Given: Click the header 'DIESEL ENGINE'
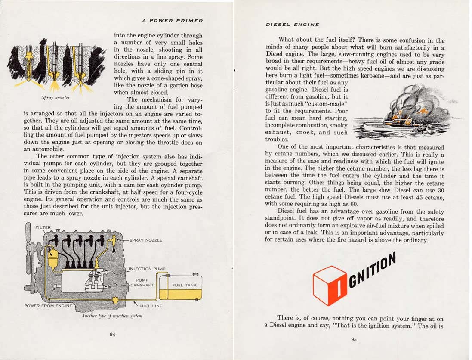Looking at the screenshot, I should (x=292, y=25).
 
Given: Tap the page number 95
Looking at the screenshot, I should (x=354, y=339).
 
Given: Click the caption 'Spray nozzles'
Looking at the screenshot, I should (x=56, y=98).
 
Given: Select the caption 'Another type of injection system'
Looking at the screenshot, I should (x=112, y=316).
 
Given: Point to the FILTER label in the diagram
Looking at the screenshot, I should (x=43, y=227).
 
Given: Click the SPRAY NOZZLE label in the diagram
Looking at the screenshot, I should (x=146, y=240).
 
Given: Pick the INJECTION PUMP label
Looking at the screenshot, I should (x=147, y=269).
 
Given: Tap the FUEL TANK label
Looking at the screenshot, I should (x=184, y=285).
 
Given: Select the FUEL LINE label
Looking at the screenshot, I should (x=151, y=306).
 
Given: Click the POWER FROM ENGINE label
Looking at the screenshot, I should (x=48, y=306).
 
